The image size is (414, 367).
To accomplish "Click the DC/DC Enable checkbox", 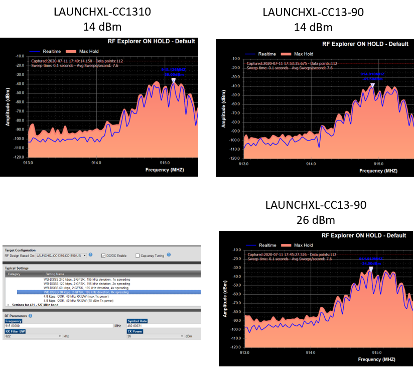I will pyautogui.click(x=103, y=255).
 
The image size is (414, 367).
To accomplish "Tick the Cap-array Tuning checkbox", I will pyautogui.click(x=137, y=255).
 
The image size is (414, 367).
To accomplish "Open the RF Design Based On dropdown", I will pyautogui.click(x=84, y=255).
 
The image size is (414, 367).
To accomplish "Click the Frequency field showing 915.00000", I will pyautogui.click(x=58, y=325).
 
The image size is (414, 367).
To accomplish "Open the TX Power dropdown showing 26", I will pyautogui.click(x=182, y=336).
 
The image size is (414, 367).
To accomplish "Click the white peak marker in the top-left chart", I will pyautogui.click(x=173, y=80).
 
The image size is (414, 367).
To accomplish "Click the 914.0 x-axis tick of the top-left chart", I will pyautogui.click(x=96, y=162).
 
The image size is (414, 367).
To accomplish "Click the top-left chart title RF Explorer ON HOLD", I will pyautogui.click(x=151, y=41).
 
